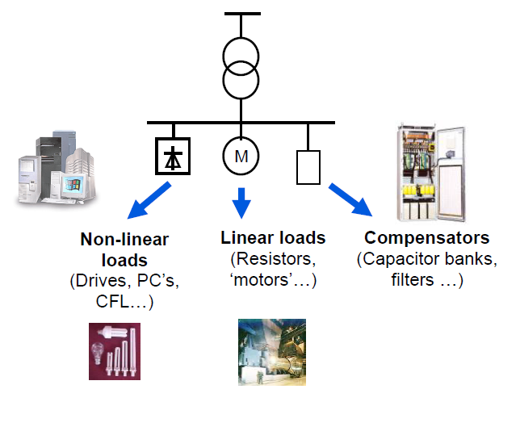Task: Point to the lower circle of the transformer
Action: tap(242, 82)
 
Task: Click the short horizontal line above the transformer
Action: tap(242, 15)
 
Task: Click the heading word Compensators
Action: tap(426, 239)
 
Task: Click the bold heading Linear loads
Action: tap(273, 238)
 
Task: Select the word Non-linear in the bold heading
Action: tap(114, 240)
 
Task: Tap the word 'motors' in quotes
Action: tap(264, 280)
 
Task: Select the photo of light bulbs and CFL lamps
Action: tap(115, 351)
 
